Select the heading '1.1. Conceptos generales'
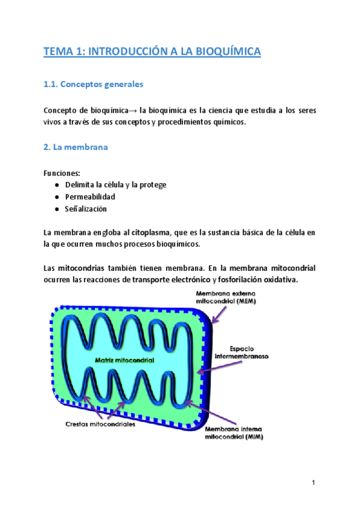(x=94, y=85)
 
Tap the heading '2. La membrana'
(x=76, y=148)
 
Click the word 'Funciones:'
(x=62, y=173)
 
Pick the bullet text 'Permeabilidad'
(x=90, y=197)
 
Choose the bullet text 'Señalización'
(x=86, y=209)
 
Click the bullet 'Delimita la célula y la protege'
(x=116, y=185)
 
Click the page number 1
(x=314, y=483)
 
